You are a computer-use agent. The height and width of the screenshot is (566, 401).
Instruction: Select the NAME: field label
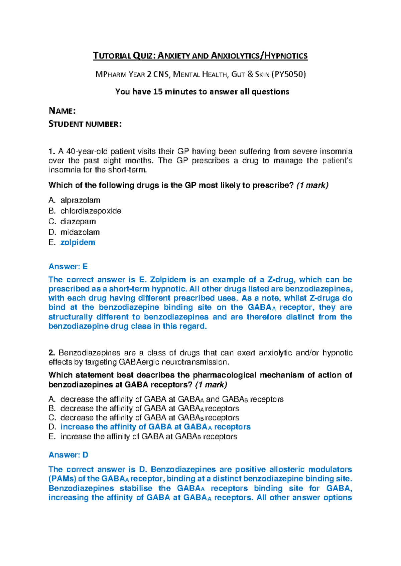[x=62, y=111]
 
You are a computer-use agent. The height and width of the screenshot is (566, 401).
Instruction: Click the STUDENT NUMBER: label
[x=85, y=124]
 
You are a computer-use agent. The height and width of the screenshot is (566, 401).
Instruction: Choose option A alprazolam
[x=80, y=200]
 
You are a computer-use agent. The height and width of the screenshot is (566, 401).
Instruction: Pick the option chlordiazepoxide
[x=91, y=211]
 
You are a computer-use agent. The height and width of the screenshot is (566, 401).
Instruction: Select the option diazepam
[x=78, y=222]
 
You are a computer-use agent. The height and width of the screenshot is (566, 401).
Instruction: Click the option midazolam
[x=80, y=232]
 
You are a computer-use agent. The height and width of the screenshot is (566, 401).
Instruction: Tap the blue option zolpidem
[x=78, y=243]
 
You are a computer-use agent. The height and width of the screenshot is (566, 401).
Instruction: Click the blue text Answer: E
[x=68, y=267]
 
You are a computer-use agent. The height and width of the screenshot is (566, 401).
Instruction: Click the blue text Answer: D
[x=69, y=455]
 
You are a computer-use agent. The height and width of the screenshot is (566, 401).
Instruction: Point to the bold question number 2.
[x=51, y=353]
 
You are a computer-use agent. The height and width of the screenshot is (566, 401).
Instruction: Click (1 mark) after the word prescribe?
[x=312, y=185]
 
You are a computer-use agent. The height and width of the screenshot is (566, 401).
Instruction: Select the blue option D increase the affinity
[x=155, y=427]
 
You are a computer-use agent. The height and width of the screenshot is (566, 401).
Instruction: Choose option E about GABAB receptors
[x=148, y=437]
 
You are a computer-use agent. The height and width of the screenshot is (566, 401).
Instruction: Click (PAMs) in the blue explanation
[x=62, y=479]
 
